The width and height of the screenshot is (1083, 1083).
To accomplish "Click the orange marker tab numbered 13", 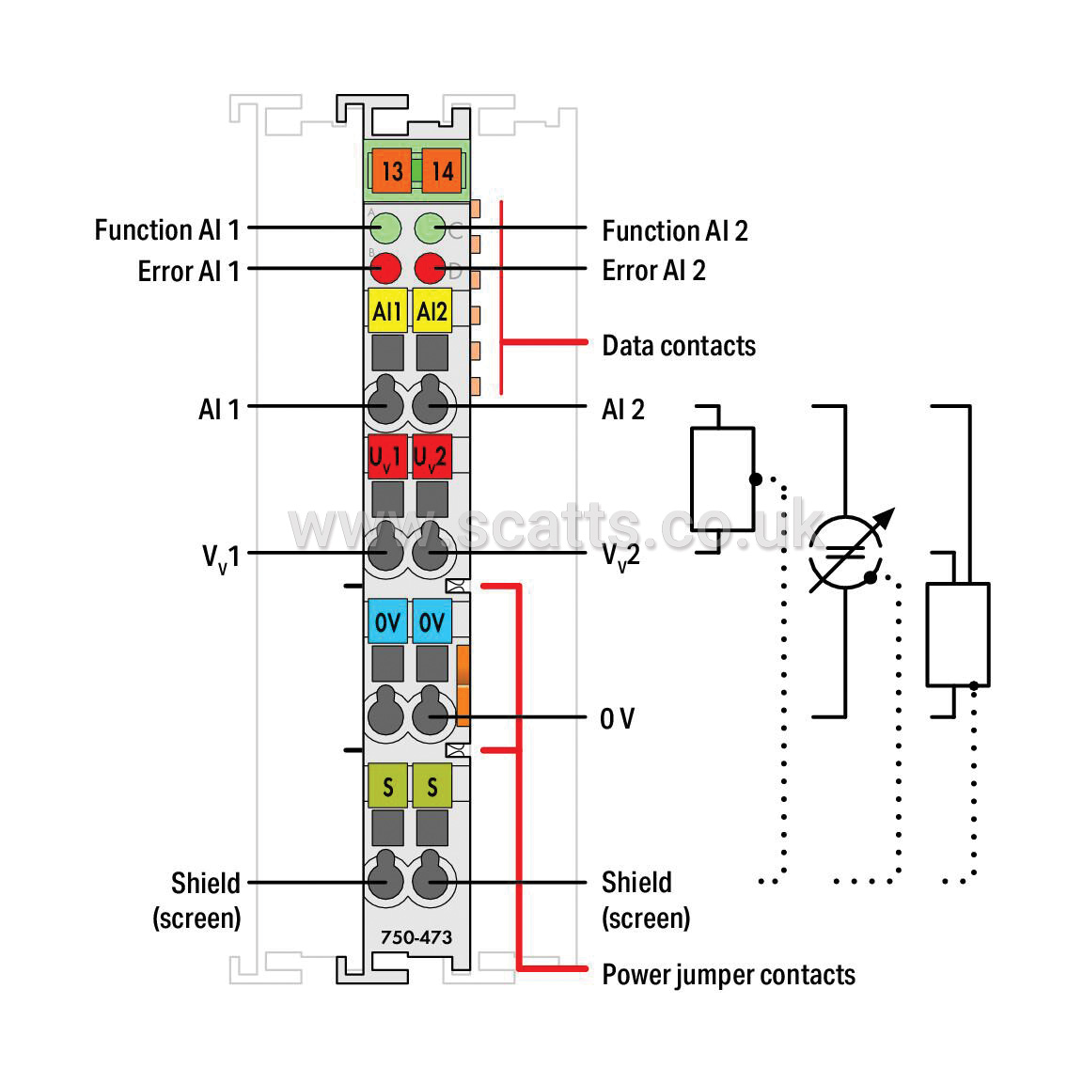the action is tap(392, 170).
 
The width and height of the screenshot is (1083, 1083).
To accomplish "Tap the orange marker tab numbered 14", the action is tap(442, 170).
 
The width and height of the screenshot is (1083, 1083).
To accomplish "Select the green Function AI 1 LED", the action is tap(385, 228).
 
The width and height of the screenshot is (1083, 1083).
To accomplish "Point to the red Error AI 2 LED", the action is tap(430, 268).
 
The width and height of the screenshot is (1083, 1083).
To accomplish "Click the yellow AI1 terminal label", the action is tap(387, 311).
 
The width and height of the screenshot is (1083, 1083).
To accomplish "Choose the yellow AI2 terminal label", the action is tap(432, 311).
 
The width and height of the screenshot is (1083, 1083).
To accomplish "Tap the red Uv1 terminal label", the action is tap(387, 457).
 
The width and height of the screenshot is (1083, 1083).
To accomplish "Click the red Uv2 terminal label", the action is tap(432, 457).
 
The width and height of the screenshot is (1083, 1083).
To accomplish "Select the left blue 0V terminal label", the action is tap(387, 620).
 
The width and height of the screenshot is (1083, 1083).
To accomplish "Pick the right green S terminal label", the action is tap(432, 785).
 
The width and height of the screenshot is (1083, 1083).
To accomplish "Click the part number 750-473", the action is tap(416, 937).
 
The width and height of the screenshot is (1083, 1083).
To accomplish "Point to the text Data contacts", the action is tap(679, 345).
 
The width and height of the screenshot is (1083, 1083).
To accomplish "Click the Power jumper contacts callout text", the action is tap(729, 975).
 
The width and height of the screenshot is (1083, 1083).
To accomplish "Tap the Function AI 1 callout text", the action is tap(167, 230).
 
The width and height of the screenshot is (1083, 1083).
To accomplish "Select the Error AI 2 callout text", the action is tap(654, 270).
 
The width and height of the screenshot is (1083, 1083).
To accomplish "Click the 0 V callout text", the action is tap(617, 718).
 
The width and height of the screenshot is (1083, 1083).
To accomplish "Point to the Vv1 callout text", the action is tap(221, 557).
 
